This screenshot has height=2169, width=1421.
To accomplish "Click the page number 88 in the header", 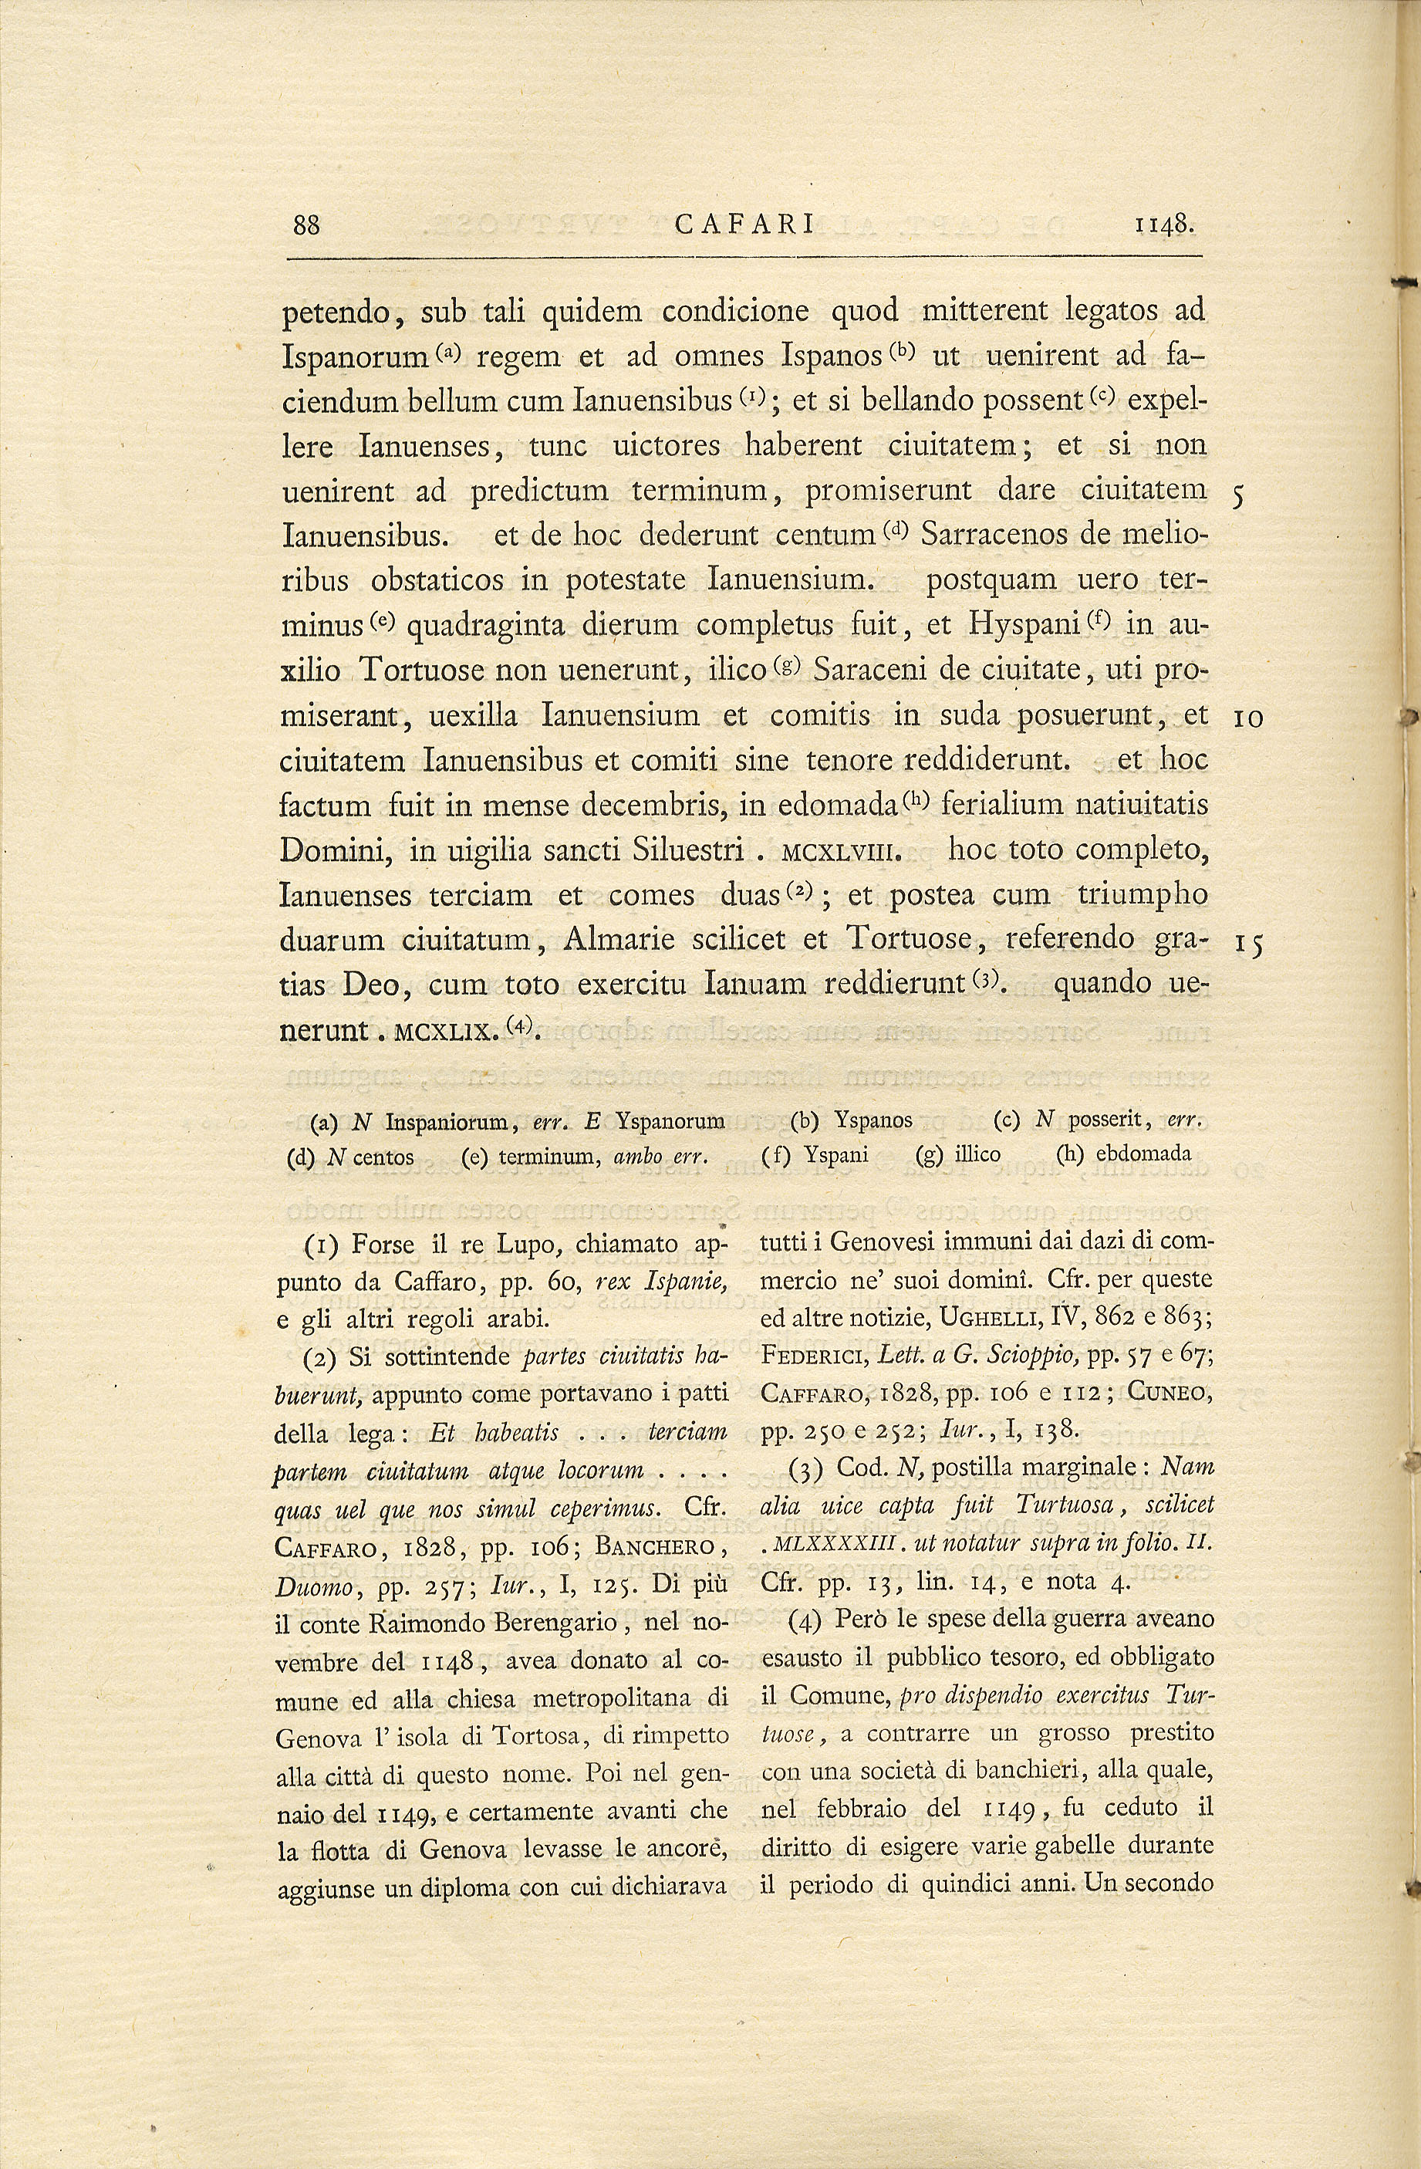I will click(x=307, y=225).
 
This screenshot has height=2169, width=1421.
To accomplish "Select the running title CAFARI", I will click(x=746, y=225).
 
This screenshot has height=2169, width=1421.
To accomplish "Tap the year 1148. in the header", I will click(x=1164, y=225).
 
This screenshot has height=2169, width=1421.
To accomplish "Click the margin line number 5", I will click(x=1239, y=494).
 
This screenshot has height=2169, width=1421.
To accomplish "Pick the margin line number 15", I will click(x=1248, y=945).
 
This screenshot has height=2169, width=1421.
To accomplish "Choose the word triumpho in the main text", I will click(x=1143, y=895).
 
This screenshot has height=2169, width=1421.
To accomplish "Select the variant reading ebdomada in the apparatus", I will click(x=1143, y=1154).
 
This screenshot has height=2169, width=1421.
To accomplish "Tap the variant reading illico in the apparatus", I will click(x=977, y=1154).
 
